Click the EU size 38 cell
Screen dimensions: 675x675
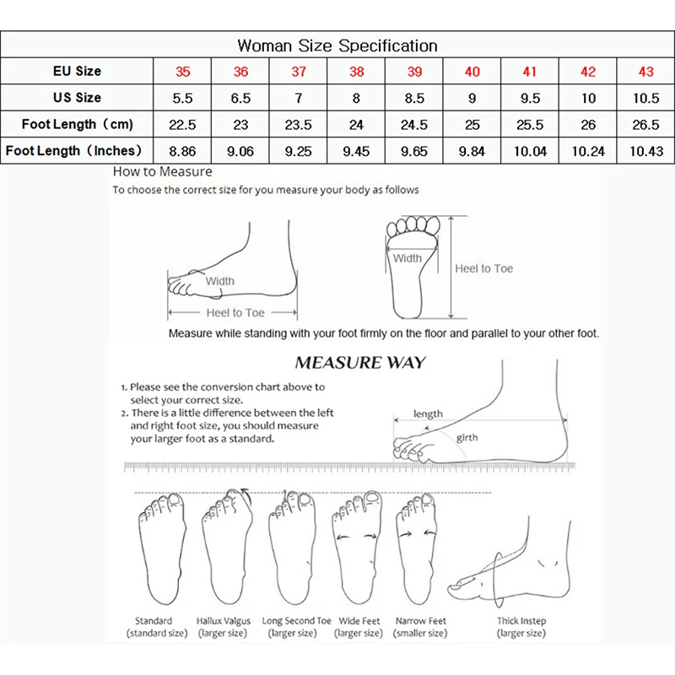tap(356, 72)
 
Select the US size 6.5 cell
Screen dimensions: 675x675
tap(240, 98)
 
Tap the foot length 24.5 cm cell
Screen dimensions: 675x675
tap(414, 125)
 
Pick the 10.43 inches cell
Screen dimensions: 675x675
tap(645, 151)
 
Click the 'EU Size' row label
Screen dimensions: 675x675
tap(77, 72)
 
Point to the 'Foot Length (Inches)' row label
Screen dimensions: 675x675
tap(77, 151)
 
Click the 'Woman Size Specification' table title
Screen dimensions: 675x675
tap(337, 45)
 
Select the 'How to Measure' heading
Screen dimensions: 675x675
tap(163, 172)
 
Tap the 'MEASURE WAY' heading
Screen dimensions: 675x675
tap(360, 364)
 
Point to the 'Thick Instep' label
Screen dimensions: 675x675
tap(521, 621)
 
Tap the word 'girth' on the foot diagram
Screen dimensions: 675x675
tap(467, 438)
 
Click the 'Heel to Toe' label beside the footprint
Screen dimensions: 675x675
tap(483, 268)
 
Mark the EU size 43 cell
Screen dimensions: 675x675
tap(645, 72)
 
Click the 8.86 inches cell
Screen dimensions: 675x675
tap(182, 151)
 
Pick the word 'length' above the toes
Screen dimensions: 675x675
tap(428, 414)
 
